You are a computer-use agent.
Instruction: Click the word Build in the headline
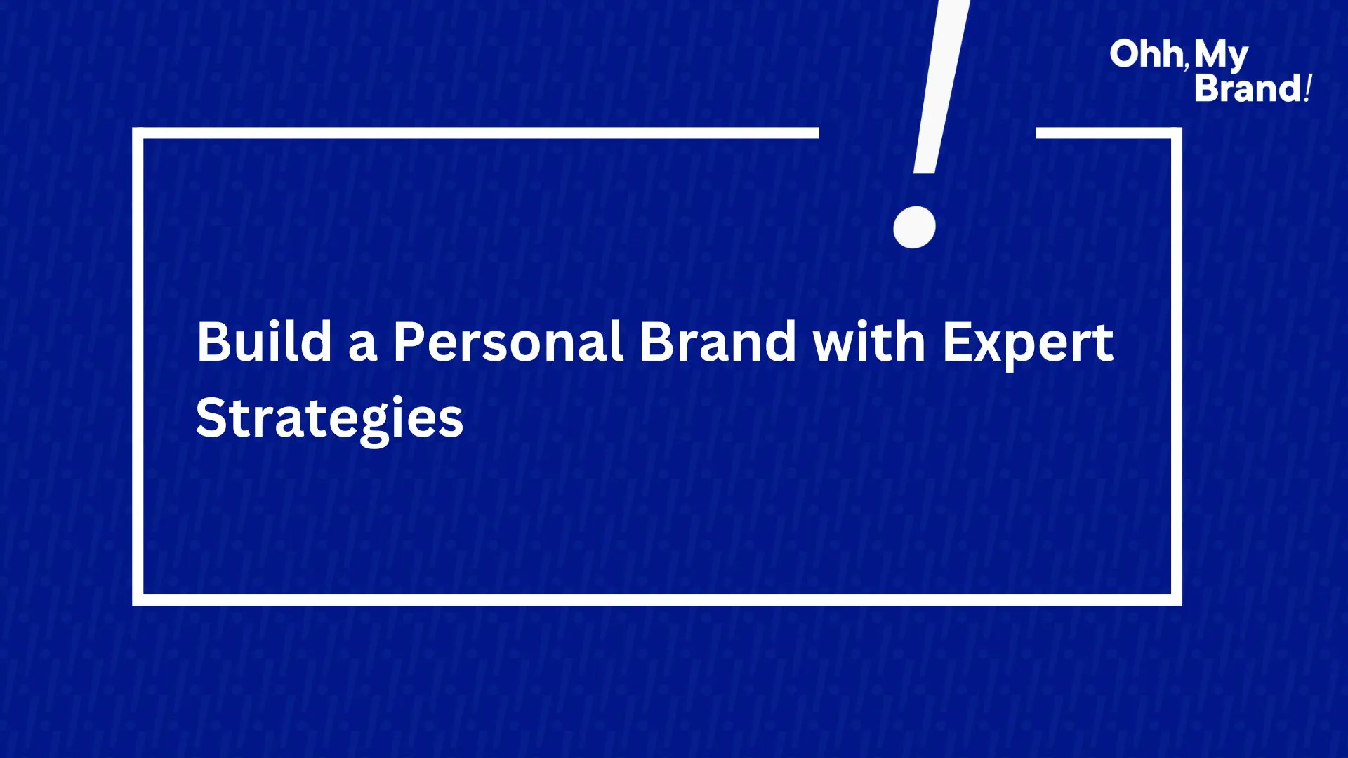coord(265,342)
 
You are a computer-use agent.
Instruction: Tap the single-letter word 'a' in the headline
coord(363,347)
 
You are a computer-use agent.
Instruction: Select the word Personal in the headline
coord(508,342)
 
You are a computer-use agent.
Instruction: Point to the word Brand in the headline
coord(718,342)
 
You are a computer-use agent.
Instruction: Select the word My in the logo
coord(1222,56)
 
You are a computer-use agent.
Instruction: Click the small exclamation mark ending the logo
coord(1307,88)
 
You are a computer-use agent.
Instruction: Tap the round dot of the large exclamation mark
coord(914,227)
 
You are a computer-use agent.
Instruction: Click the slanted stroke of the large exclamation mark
coord(941,86)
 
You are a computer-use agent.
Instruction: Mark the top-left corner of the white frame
coord(138,133)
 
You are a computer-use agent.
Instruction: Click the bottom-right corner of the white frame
coord(1177,600)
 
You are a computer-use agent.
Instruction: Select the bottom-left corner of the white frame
coord(138,600)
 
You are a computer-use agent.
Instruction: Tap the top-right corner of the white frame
coord(1177,133)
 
